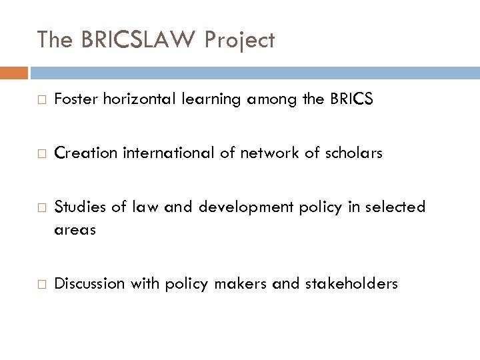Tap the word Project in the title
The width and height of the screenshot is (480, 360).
[240, 40]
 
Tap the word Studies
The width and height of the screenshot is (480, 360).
[77, 207]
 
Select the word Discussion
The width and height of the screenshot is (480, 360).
[86, 283]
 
